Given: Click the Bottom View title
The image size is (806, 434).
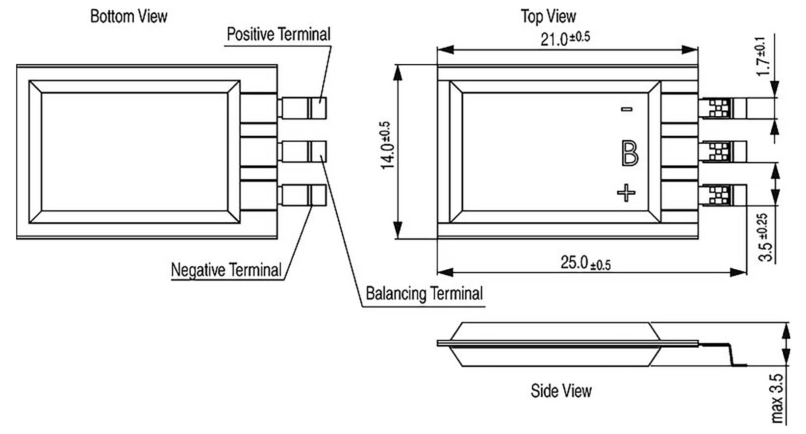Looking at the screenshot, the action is pyautogui.click(x=129, y=16).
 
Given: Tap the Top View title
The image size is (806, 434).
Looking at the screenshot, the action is pyautogui.click(x=549, y=16).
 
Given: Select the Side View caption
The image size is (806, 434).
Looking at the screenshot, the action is pyautogui.click(x=561, y=391).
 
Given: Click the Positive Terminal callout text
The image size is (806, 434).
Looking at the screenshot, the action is pyautogui.click(x=278, y=34).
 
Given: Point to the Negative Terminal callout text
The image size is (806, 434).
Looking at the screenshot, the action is pyautogui.click(x=227, y=270).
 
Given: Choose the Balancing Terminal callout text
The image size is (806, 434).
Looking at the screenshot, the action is pyautogui.click(x=424, y=293).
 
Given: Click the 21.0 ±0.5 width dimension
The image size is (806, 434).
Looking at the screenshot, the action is pyautogui.click(x=565, y=38).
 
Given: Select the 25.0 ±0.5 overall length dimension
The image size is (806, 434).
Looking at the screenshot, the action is pyautogui.click(x=585, y=263).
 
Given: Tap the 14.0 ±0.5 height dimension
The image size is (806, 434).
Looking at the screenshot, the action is pyautogui.click(x=388, y=145).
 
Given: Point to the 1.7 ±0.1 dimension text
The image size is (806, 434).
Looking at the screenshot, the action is pyautogui.click(x=762, y=56).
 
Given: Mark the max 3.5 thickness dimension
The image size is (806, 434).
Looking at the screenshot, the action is pyautogui.click(x=777, y=398).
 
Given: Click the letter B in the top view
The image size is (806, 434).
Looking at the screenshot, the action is pyautogui.click(x=630, y=153).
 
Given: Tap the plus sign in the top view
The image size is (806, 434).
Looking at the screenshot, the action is pyautogui.click(x=626, y=193).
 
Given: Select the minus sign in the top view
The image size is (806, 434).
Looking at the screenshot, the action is pyautogui.click(x=627, y=109).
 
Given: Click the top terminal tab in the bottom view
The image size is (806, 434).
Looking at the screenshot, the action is pyautogui.click(x=302, y=107).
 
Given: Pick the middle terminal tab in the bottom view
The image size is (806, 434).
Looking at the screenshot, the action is pyautogui.click(x=302, y=152).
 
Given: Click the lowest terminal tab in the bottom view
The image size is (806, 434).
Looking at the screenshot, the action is pyautogui.click(x=302, y=195).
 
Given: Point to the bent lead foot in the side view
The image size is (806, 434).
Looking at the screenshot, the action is pyautogui.click(x=738, y=365).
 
